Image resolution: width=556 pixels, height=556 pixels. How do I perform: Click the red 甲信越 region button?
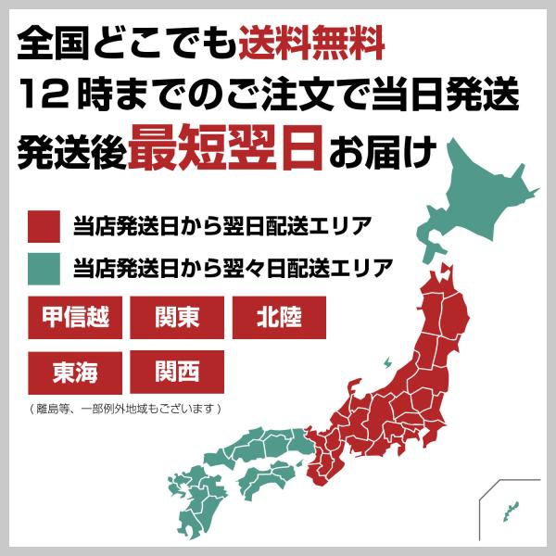(75, 318)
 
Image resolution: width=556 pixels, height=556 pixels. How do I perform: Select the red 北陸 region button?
(279, 318)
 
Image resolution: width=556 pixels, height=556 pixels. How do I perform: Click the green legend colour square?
(44, 268)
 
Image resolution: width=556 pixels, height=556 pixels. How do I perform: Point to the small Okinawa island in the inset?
(508, 507)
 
